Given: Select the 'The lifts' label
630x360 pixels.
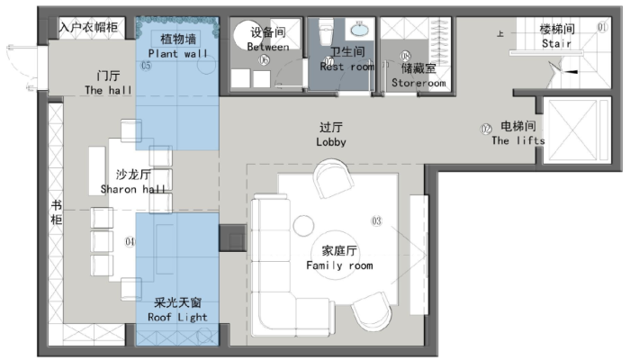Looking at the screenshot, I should click(518, 139).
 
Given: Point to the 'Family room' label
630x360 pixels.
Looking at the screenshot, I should click(339, 265).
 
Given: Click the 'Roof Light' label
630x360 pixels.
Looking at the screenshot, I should click(180, 317).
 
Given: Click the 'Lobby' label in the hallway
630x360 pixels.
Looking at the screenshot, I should click(331, 142).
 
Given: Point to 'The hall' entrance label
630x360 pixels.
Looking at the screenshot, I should click(107, 90).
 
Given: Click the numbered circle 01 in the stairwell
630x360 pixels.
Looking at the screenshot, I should click(602, 29).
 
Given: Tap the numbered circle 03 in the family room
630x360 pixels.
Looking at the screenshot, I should click(376, 220).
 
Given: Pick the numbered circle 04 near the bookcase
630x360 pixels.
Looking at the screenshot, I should click(130, 241).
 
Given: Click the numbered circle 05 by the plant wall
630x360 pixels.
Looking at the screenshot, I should click(146, 65).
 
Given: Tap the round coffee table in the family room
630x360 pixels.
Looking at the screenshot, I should click(302, 224).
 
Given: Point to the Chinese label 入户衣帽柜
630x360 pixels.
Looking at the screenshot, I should click(88, 27).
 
